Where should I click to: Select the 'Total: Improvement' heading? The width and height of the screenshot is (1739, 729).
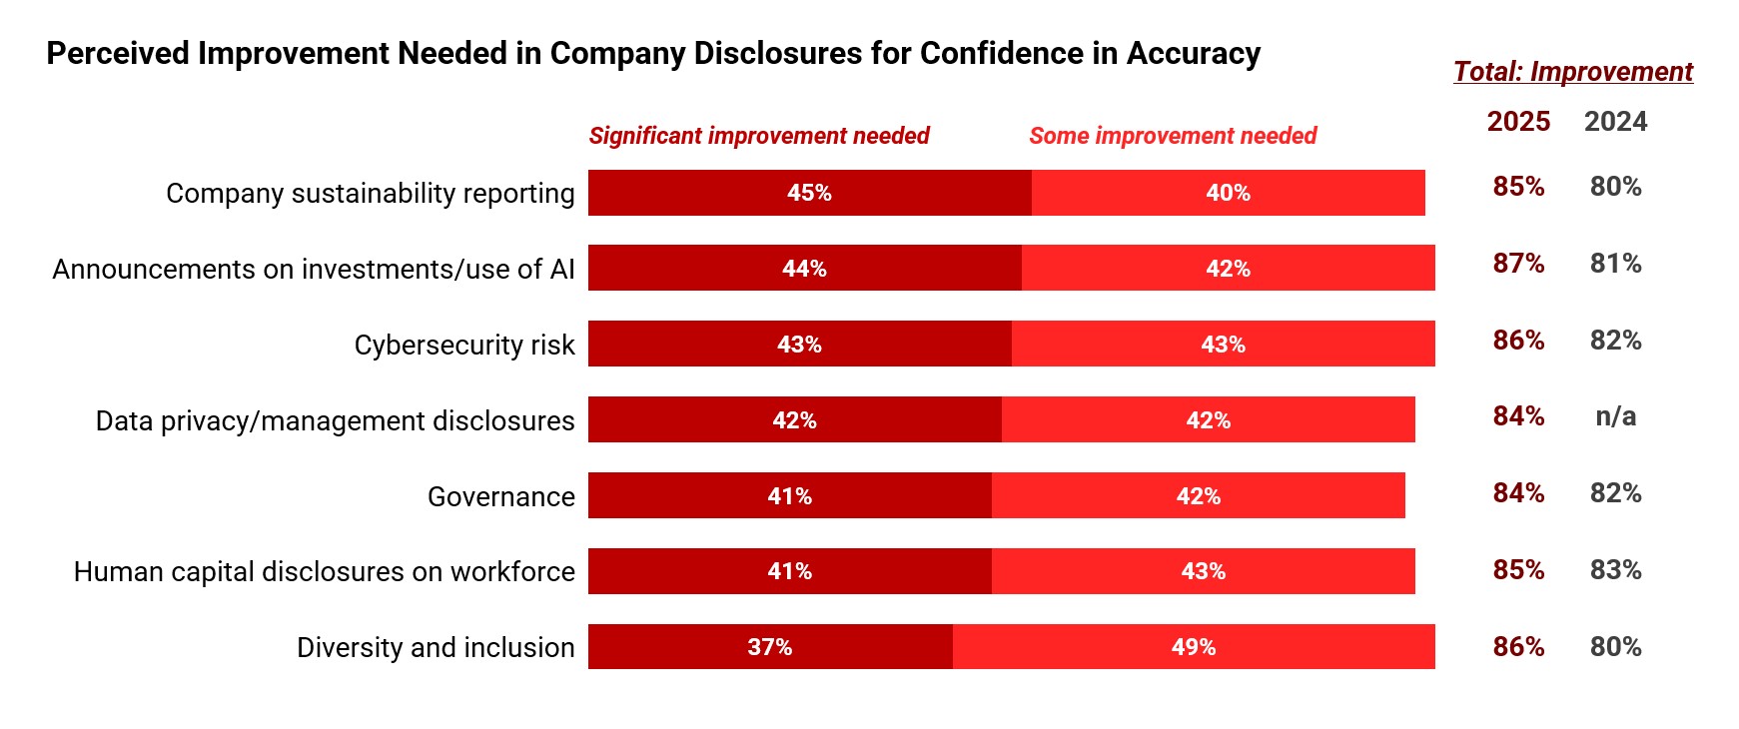(1572, 72)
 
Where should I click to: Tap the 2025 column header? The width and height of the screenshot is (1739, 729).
(1518, 122)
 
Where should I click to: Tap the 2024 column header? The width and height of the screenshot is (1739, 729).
(1615, 122)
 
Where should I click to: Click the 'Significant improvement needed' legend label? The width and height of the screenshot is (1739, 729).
(759, 136)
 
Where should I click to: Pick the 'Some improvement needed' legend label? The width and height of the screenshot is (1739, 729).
(1173, 136)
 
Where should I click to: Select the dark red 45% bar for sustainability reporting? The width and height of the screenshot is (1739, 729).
(809, 193)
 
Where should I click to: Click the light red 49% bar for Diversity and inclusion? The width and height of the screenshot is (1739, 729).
(1194, 647)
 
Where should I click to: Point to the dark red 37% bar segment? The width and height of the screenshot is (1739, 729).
(770, 647)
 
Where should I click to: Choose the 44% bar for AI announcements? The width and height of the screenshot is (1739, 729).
(804, 269)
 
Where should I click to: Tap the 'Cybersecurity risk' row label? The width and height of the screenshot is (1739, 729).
(464, 346)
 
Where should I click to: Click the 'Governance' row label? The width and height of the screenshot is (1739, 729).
(500, 496)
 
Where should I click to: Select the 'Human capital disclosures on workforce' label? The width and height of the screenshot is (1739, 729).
(325, 572)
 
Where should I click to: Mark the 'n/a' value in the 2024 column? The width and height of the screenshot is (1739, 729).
(1615, 416)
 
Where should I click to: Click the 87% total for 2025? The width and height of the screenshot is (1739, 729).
(1518, 264)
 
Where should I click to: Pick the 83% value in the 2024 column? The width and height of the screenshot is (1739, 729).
(1615, 570)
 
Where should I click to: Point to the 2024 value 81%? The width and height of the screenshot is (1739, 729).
(1615, 264)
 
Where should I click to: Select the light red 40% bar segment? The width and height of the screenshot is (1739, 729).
(1228, 193)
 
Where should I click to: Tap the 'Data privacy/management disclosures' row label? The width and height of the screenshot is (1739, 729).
(335, 421)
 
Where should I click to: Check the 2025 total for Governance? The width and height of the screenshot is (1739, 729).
(1518, 493)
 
